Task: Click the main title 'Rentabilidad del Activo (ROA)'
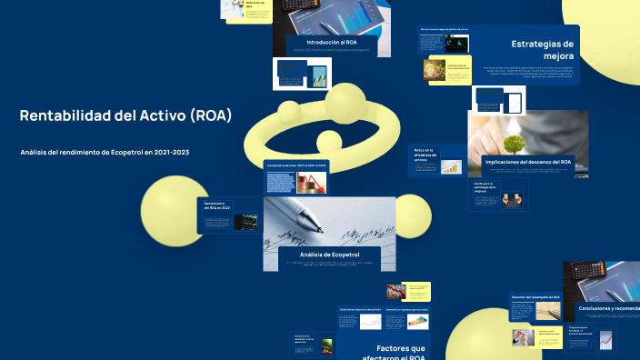coord(125,115)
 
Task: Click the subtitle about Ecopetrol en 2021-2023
coord(105,152)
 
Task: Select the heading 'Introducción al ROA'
coord(332,43)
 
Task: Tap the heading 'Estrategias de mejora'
coord(542,48)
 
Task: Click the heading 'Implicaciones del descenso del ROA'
coord(528,162)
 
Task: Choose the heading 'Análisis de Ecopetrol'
coord(330,255)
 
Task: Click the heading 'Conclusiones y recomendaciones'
coord(609,308)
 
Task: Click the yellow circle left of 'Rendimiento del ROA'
coord(175,207)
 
